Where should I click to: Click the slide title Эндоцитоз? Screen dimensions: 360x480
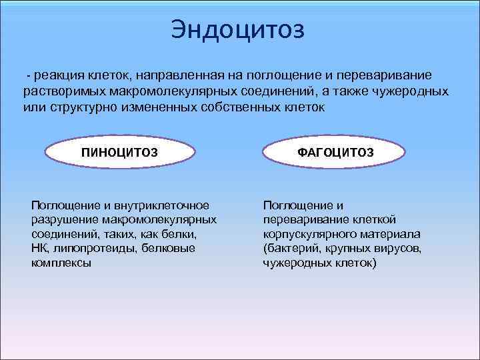[237, 29]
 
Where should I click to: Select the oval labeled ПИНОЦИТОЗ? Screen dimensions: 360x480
[119, 153]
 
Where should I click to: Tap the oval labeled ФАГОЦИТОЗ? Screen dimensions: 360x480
[335, 153]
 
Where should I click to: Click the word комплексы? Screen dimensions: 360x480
[61, 263]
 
